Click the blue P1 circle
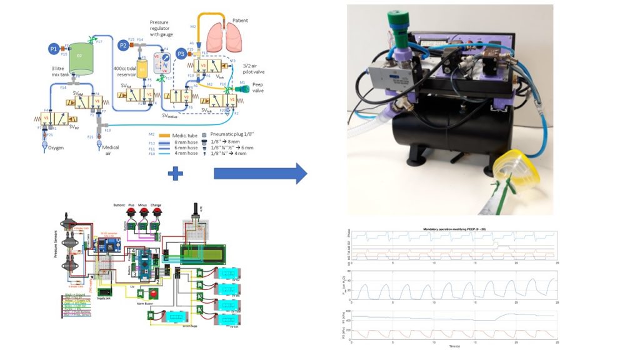[x=54, y=48]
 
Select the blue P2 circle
[x=123, y=44]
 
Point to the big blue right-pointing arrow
[x=260, y=174]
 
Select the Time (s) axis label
[x=454, y=345]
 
